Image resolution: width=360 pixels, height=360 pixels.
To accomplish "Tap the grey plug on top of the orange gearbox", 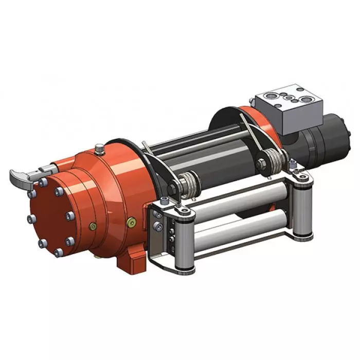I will (99, 149).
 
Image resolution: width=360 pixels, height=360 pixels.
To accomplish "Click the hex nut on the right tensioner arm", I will (260, 165).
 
